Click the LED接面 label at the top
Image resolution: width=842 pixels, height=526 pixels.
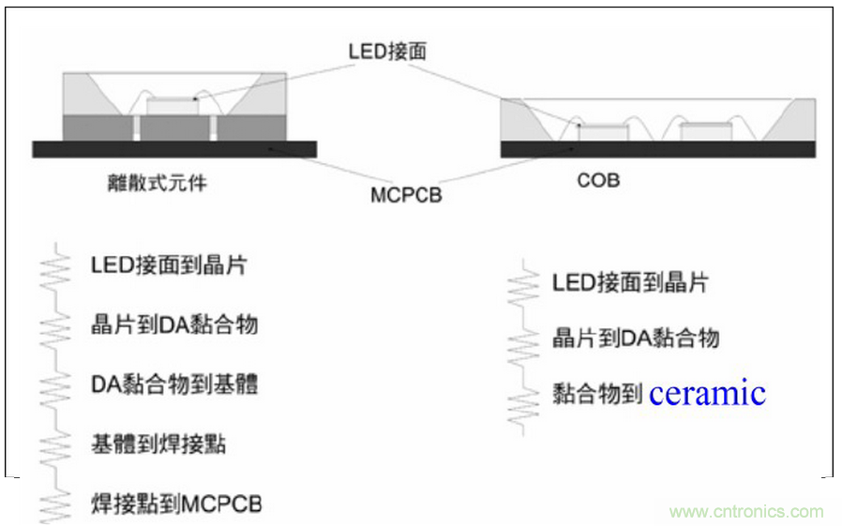pos(386,51)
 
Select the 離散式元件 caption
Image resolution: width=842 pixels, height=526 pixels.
pos(157,183)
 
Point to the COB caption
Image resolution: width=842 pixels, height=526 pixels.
pos(598,180)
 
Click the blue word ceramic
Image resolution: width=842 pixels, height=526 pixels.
pos(707,393)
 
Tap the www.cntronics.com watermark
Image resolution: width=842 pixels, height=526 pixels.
pos(746,512)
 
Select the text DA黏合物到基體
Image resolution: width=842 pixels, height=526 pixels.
pos(174,384)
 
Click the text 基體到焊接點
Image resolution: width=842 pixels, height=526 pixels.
pos(158,444)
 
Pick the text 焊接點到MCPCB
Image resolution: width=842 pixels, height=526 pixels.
pos(176,504)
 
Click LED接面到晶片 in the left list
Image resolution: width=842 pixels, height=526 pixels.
pos(169,264)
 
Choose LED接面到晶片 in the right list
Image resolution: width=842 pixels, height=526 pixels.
pos(630,281)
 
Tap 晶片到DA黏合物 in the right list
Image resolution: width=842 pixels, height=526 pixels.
pos(636,338)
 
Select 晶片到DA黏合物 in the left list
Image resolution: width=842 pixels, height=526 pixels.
pos(174,324)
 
